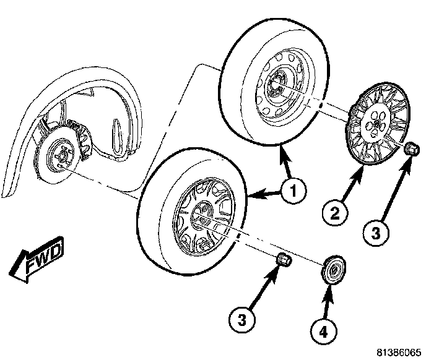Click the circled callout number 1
coord(293,191)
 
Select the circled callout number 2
coord(334,213)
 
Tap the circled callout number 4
coord(323,332)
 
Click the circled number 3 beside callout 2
coord(376,233)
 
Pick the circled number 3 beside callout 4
coord(242,320)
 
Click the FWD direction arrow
coord(37,260)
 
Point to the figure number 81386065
coord(399,353)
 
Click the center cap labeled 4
coord(333,270)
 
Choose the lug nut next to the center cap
coord(284,260)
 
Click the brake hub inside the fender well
coord(60,155)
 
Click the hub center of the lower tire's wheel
coord(202,215)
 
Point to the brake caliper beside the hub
coord(82,139)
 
